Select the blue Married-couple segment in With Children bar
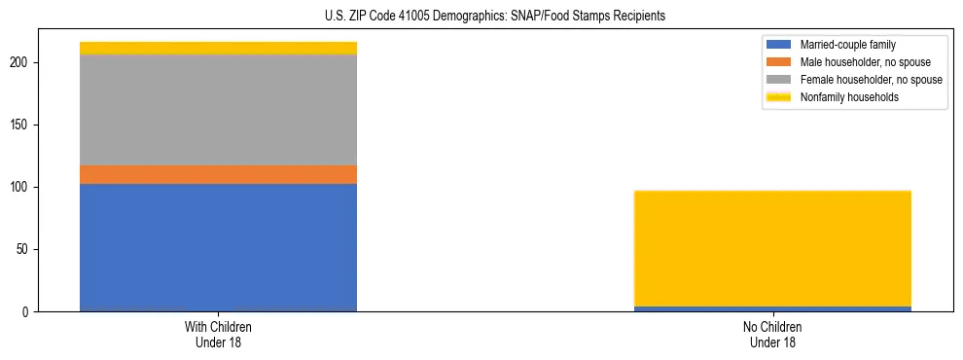(x=218, y=247)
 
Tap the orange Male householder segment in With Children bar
(x=218, y=174)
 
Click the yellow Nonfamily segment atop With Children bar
(x=218, y=48)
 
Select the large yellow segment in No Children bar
(x=772, y=248)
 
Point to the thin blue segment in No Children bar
(x=772, y=308)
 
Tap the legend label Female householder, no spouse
(x=871, y=80)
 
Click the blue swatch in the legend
(x=779, y=45)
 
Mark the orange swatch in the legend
(x=779, y=62)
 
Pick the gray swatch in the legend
(x=779, y=80)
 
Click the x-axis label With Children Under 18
(x=218, y=334)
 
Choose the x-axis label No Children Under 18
(x=772, y=334)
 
